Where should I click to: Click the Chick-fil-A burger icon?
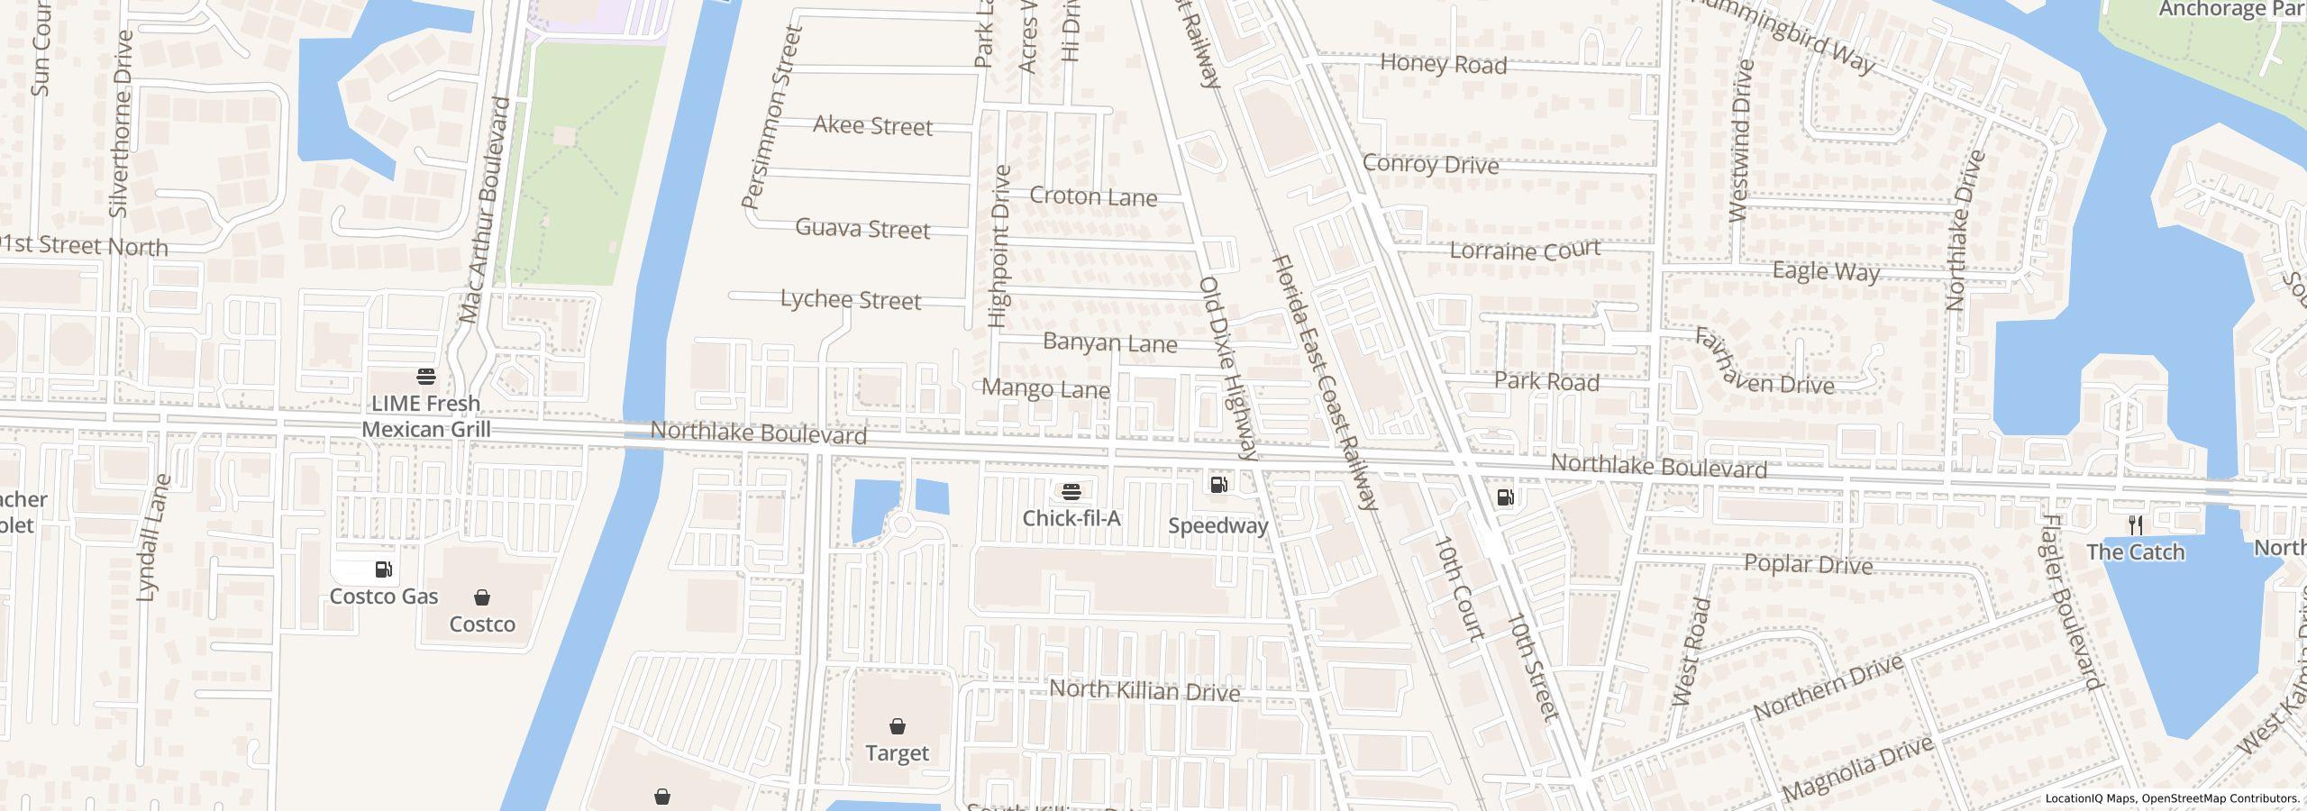[x=1071, y=491]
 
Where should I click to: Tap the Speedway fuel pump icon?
[x=1218, y=486]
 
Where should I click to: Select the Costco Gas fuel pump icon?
[x=383, y=570]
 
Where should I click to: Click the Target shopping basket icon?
[x=897, y=726]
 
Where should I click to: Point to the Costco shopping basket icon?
[x=482, y=597]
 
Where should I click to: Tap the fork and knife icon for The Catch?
[x=2135, y=525]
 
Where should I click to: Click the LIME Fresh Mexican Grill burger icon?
[x=426, y=376]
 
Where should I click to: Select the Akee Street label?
[x=872, y=126]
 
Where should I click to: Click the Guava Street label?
[x=862, y=229]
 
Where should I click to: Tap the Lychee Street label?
[x=851, y=299]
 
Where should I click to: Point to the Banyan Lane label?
[x=1109, y=343]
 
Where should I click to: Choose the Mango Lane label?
[x=1045, y=389]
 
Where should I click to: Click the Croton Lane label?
[x=1093, y=196]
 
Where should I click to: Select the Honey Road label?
[x=1443, y=64]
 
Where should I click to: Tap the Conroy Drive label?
[x=1430, y=164]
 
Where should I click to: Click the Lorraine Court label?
[x=1525, y=250]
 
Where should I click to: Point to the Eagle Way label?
[x=1826, y=271]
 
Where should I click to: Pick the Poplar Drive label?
[x=1808, y=564]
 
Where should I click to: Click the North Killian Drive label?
[x=1144, y=691]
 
